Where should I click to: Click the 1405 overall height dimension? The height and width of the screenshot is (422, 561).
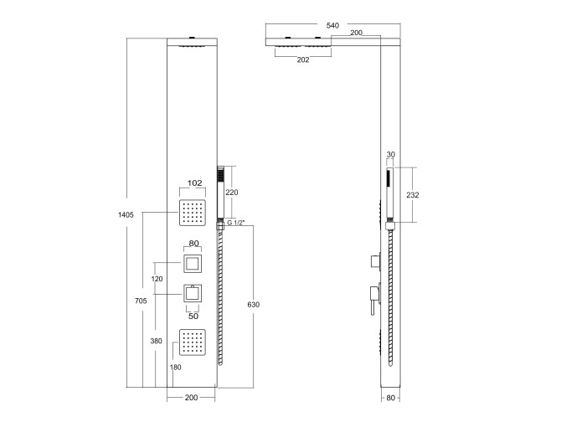(x=126, y=215)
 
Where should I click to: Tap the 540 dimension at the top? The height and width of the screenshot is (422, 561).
(x=332, y=26)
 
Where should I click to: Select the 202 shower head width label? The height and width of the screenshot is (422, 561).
(x=302, y=60)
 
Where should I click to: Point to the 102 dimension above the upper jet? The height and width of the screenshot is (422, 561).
(x=194, y=183)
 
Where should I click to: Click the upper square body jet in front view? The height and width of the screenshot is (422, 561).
(x=193, y=213)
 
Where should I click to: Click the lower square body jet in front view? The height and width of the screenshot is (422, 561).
(x=193, y=342)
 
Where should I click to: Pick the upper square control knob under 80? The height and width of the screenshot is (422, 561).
(x=193, y=264)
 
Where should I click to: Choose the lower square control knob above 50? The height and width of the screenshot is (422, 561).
(x=193, y=294)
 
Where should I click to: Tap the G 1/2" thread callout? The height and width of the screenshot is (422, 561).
(x=236, y=223)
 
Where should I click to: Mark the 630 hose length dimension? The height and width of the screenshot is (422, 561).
(x=254, y=305)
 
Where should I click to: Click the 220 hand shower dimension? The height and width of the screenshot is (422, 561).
(x=231, y=193)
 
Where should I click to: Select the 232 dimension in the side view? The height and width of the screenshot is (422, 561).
(x=413, y=195)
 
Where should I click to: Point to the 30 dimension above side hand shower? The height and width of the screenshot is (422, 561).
(x=391, y=155)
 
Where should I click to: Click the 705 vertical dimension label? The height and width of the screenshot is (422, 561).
(x=141, y=301)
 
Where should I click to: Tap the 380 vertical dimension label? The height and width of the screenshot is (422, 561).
(x=156, y=341)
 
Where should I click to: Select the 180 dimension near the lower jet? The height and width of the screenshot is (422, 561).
(x=175, y=368)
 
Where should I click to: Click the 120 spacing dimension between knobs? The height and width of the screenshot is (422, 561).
(x=157, y=279)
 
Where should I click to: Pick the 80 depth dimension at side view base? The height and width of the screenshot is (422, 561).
(x=391, y=398)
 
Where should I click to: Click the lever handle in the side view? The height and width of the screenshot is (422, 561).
(x=374, y=300)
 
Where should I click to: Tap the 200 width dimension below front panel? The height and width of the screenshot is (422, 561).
(x=191, y=398)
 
